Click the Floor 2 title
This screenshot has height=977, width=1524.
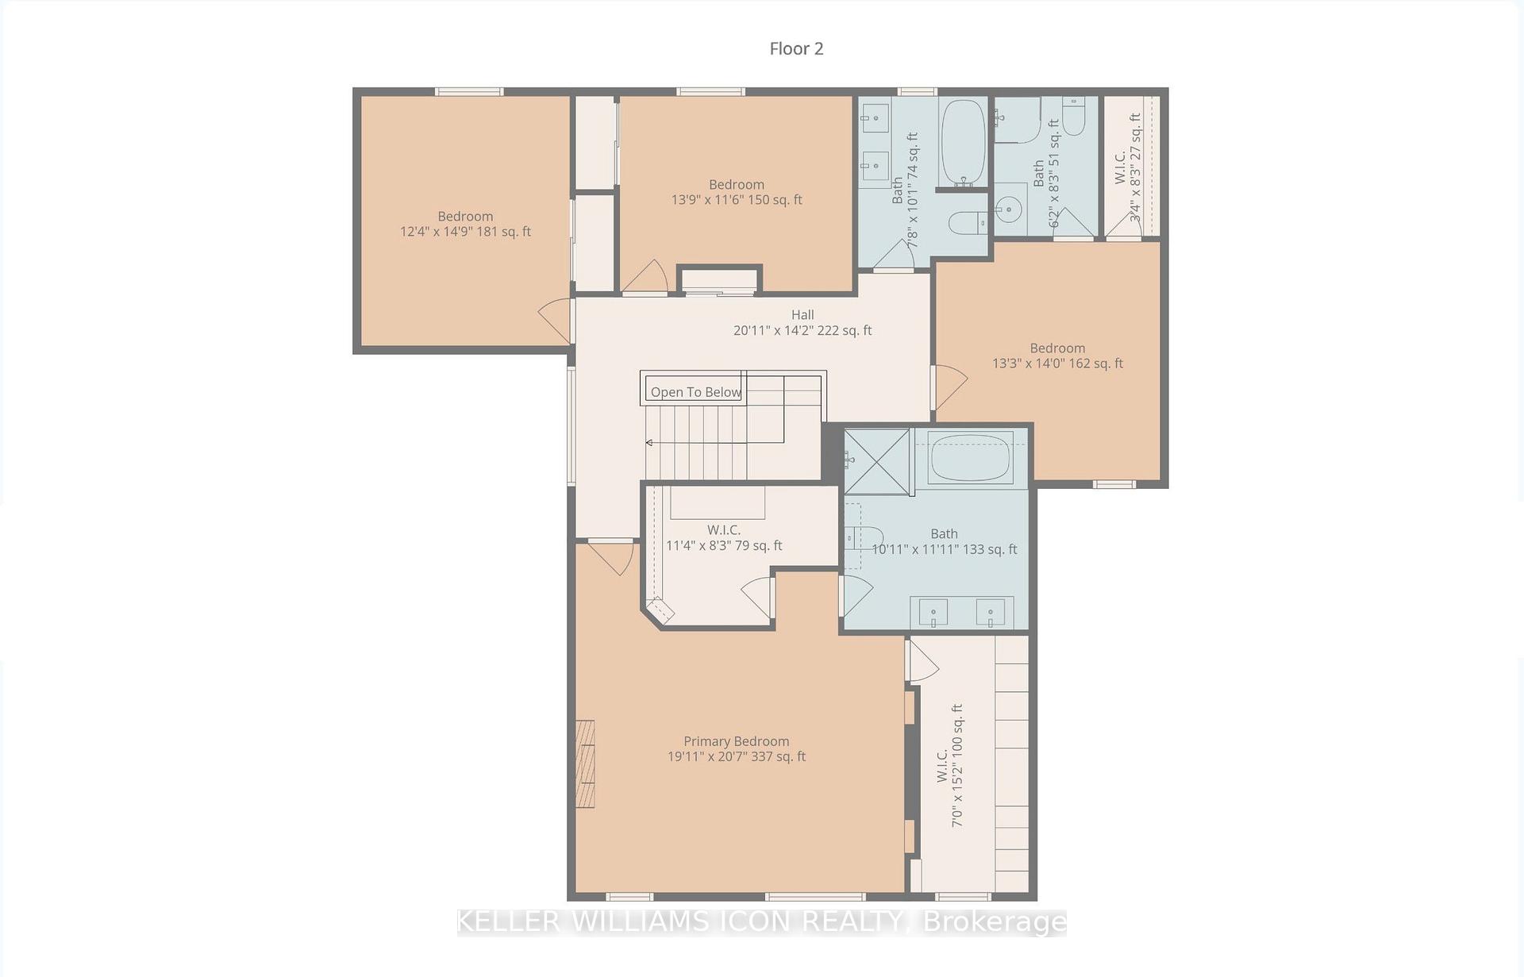click(796, 48)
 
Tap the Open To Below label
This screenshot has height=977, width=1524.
click(696, 392)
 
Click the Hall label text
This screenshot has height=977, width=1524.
click(802, 315)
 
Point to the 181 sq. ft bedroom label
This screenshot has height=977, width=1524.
click(465, 224)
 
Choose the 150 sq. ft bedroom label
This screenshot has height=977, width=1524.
click(737, 192)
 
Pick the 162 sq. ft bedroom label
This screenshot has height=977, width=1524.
click(1057, 356)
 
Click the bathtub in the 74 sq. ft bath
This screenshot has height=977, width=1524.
click(963, 142)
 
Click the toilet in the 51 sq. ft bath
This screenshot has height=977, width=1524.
click(1074, 117)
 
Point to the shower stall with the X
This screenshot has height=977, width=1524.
click(876, 462)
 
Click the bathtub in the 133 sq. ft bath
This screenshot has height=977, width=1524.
click(969, 456)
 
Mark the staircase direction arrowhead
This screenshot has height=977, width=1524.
click(649, 443)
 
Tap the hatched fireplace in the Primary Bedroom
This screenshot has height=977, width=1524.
click(585, 764)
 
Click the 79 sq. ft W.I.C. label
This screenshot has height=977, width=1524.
click(724, 537)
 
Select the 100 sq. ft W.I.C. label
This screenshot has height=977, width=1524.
click(949, 766)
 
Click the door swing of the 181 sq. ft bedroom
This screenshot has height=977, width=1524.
click(555, 321)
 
